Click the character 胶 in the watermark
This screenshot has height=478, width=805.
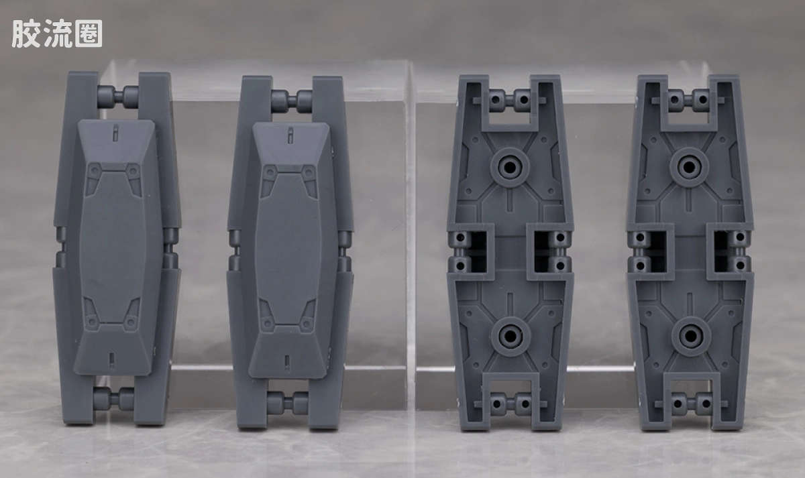coord(25,34)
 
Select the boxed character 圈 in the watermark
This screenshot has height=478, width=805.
coord(89,34)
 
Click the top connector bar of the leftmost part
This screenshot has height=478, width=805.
coord(118,95)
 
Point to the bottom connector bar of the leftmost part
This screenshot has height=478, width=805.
coord(113,398)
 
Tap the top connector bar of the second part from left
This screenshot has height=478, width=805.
coord(292,99)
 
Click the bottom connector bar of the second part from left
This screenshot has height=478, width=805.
coord(288,400)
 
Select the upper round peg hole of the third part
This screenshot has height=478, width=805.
coord(511,167)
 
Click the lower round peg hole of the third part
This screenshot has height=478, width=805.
coord(511,336)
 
